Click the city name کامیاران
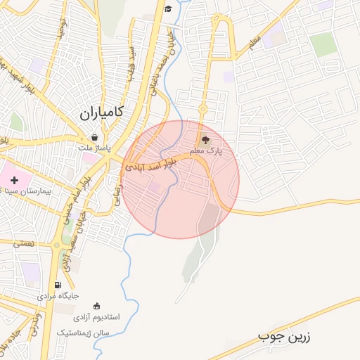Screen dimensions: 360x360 101,112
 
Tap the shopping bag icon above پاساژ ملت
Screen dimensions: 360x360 94,138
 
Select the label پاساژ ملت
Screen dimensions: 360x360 94,149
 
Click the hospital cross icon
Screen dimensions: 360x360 14,181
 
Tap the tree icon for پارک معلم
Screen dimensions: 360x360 205,141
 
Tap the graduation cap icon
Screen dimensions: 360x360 168,8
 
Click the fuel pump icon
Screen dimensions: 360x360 58,285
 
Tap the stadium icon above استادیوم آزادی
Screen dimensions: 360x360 96,306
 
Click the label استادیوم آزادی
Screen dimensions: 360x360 96,317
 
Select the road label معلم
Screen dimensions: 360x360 254,43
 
